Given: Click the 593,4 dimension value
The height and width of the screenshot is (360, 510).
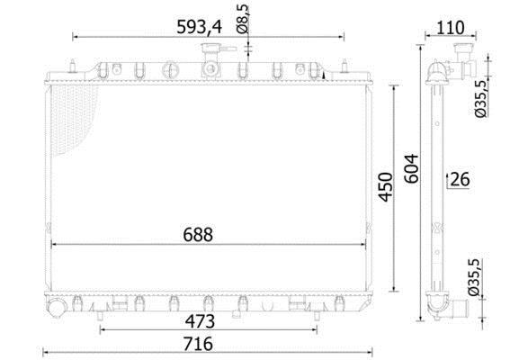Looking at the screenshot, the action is click(199, 27).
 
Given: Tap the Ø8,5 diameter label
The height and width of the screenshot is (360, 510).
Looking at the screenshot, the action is click(243, 19).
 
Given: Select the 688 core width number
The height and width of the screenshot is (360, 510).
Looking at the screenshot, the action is click(198, 234).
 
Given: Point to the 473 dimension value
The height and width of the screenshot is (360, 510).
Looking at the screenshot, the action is click(200, 321).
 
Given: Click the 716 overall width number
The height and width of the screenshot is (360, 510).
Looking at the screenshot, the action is click(198, 344).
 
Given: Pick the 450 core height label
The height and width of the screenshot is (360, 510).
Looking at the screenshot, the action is click(386, 187).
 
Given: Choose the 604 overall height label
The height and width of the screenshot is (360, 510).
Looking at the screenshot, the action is click(412, 168).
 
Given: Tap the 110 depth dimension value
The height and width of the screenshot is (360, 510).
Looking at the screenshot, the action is click(450, 28).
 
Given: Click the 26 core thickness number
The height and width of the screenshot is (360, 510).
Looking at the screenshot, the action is click(461, 179).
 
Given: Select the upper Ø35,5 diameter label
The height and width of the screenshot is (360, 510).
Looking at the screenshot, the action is click(480, 98).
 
